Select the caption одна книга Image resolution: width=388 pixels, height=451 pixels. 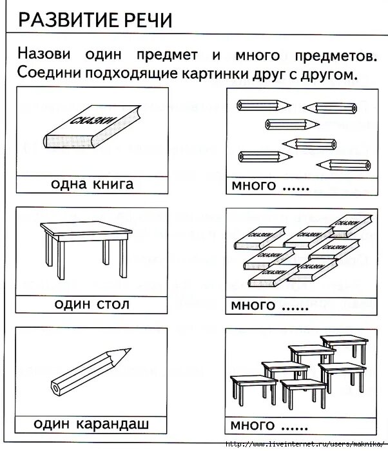point(92,185)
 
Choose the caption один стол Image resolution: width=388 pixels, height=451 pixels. point(92,304)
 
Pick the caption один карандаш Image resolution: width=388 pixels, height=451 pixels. point(92,424)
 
